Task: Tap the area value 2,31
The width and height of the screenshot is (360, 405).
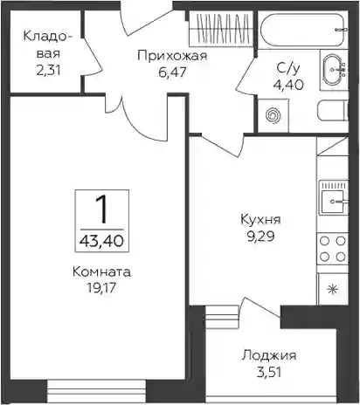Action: point(49,71)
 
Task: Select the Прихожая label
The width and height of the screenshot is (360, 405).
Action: point(172,56)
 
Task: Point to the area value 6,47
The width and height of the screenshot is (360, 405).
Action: point(172,72)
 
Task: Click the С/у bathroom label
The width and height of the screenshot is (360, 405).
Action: point(287,69)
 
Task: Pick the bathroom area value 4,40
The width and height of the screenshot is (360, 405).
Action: point(288,85)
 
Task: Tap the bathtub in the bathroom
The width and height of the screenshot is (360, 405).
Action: point(303,30)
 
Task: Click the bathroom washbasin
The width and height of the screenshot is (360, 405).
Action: point(334,70)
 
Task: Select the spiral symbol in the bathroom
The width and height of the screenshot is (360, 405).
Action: point(273,115)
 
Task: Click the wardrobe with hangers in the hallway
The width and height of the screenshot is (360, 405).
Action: point(221,29)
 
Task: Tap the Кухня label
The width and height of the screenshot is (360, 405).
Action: point(260,219)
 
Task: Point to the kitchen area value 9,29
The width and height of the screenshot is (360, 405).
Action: point(260,237)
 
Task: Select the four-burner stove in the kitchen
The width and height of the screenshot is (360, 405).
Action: point(333,249)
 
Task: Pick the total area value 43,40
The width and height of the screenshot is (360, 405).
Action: point(102,241)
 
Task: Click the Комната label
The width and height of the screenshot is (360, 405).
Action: point(102,272)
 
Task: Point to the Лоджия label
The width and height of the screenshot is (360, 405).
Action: point(269,355)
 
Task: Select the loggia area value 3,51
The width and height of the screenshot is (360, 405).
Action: point(269,373)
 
